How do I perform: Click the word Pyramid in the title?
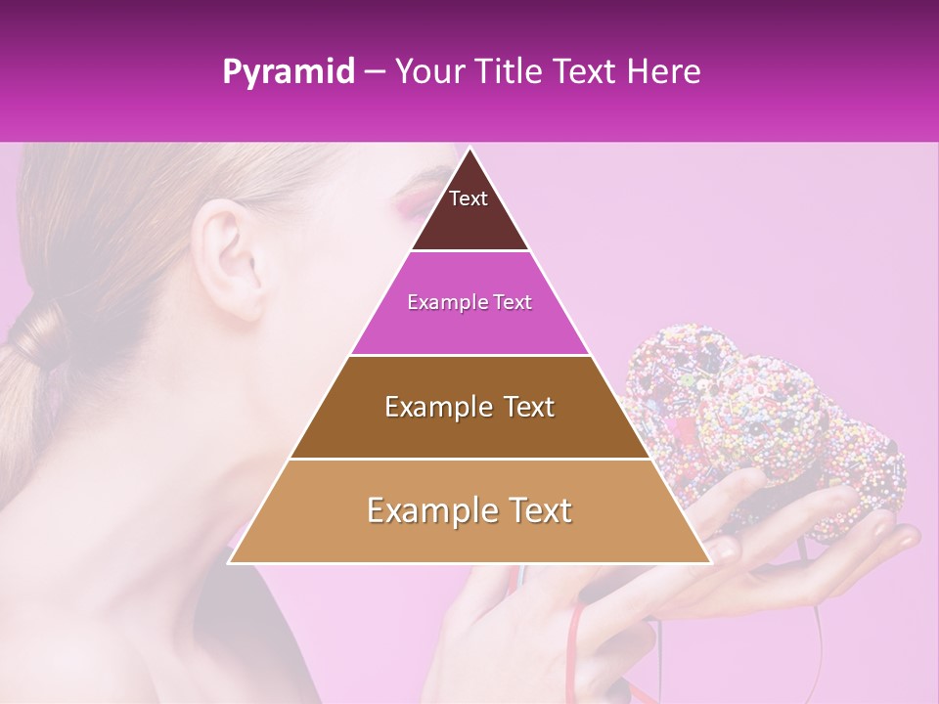click(x=288, y=72)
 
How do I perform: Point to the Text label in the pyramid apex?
click(x=469, y=199)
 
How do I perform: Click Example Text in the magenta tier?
click(x=469, y=303)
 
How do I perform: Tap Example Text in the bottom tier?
click(x=469, y=510)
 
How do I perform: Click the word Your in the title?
click(x=430, y=72)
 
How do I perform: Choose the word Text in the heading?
click(x=585, y=72)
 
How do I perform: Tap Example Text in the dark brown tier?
click(x=469, y=407)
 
